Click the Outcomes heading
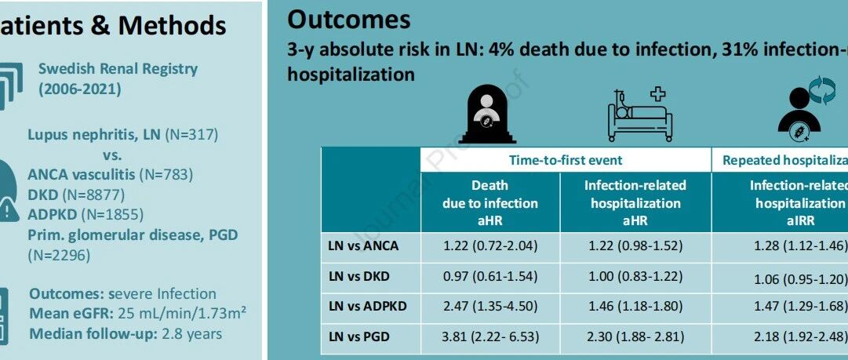point(349,19)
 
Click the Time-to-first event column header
point(566,160)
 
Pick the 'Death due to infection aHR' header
point(490,203)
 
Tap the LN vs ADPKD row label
point(367,307)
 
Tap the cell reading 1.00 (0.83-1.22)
point(635,276)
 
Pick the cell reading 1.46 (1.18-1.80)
point(635,307)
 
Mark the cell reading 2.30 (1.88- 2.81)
point(635,337)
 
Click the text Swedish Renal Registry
point(118,69)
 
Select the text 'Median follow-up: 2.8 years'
point(126,333)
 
